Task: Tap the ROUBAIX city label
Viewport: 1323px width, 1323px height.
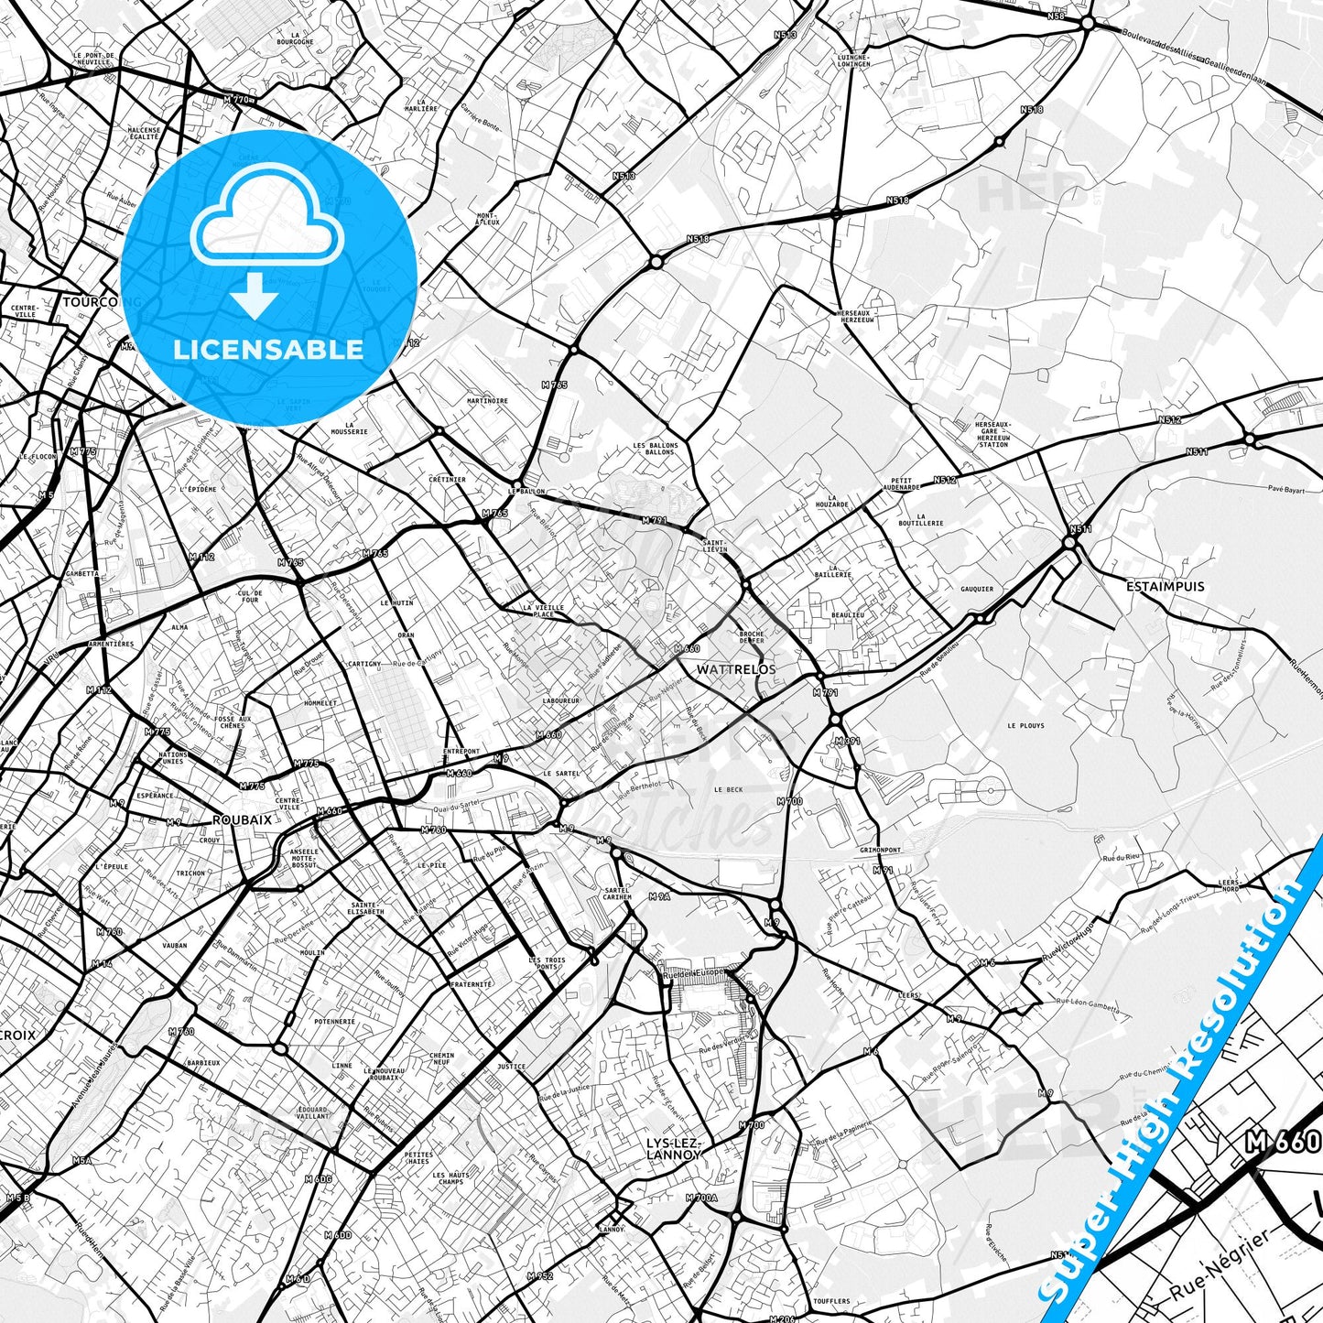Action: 242,819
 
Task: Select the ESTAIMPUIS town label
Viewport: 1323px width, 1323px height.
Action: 1165,586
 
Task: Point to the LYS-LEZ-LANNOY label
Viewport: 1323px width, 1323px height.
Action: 673,1149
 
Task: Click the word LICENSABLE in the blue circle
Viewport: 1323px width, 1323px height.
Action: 268,349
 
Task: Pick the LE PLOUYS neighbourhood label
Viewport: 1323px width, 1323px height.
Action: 1025,725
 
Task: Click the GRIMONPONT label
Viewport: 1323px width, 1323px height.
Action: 880,850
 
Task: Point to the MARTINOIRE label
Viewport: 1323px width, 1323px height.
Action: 487,400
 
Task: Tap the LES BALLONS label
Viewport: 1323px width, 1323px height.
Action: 656,449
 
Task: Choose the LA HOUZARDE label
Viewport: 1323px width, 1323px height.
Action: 832,501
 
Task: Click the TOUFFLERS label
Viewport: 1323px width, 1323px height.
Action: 830,1300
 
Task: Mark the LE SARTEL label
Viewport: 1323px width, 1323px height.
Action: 560,773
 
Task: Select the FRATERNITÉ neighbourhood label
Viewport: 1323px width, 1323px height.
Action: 472,984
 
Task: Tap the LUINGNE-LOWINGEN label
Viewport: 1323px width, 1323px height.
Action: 853,60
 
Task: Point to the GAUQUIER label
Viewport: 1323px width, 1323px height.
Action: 977,589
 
